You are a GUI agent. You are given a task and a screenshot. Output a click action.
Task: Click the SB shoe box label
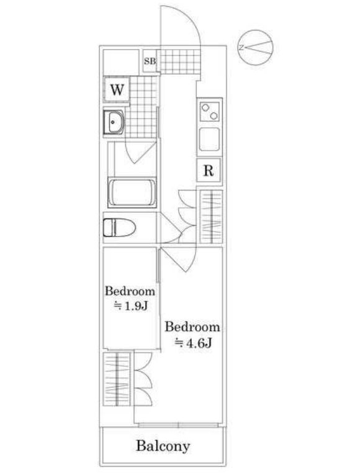point(150,61)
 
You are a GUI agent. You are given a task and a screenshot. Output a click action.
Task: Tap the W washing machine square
point(117,89)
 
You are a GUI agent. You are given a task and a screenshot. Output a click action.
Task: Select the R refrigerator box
point(209,171)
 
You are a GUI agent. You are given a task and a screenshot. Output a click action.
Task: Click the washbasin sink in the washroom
point(114,122)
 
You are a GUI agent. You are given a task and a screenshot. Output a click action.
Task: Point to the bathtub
point(132,192)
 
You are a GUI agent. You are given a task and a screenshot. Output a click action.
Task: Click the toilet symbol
point(119,228)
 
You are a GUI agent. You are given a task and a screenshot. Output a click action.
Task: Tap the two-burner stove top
point(210,112)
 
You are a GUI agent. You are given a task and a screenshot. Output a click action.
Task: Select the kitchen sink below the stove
point(209,140)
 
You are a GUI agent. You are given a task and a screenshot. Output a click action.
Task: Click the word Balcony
point(163,446)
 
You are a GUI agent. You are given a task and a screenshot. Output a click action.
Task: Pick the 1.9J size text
point(130,306)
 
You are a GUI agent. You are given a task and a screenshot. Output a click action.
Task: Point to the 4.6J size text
point(194,343)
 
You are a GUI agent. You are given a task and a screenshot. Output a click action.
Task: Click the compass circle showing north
point(255,47)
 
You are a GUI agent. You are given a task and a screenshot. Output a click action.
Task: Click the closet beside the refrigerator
point(212,216)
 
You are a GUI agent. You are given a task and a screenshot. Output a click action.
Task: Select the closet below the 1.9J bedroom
point(117,379)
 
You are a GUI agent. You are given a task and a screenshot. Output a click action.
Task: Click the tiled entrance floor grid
point(181,61)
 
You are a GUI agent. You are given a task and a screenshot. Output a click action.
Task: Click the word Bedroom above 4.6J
point(192,327)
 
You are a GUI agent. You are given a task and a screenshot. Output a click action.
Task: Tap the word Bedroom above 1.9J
point(130,291)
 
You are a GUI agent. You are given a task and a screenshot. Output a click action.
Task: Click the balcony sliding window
point(178,425)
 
